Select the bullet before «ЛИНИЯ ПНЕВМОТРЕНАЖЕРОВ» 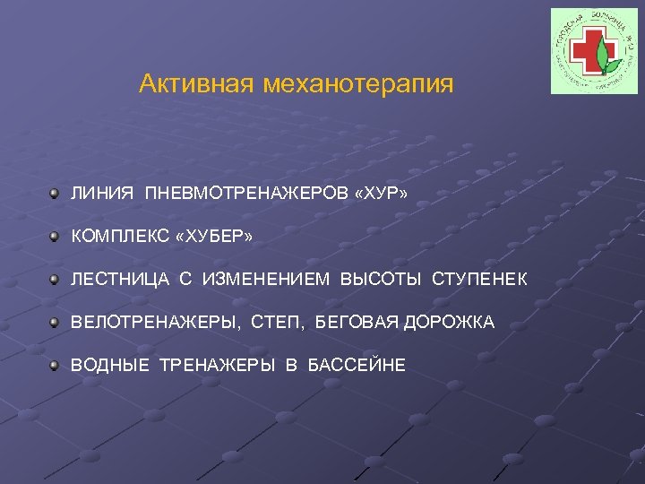(56, 192)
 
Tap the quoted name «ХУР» (382, 193)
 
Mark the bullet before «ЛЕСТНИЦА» (56, 278)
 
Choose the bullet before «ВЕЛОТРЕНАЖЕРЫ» (56, 321)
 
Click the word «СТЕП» (282, 322)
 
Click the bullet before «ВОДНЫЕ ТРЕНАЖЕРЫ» (56, 364)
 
